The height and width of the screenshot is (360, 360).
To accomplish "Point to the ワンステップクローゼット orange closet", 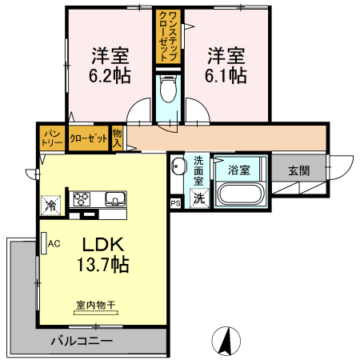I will click(x=168, y=35).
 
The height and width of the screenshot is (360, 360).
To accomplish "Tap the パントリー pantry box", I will click(x=52, y=138).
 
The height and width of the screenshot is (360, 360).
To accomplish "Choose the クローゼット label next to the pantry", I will click(x=88, y=138).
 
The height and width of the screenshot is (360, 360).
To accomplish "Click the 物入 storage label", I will click(x=117, y=138).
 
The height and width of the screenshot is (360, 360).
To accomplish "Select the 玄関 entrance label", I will click(x=298, y=170).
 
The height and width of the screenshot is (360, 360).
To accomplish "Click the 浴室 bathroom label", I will click(x=238, y=170).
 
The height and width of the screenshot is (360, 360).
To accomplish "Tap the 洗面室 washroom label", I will click(x=199, y=170).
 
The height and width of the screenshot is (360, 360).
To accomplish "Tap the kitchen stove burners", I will click(x=83, y=198).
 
